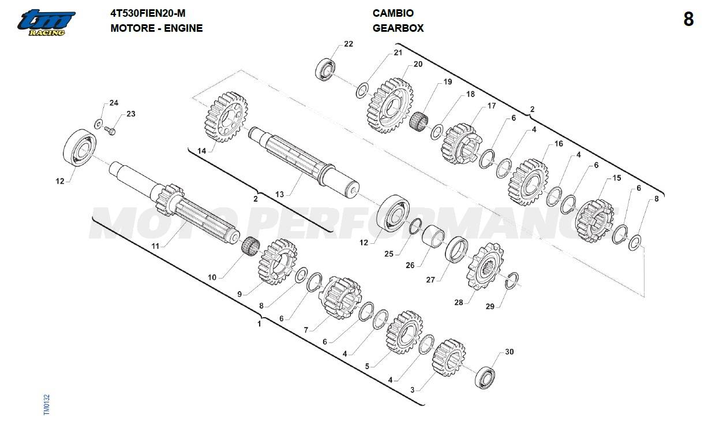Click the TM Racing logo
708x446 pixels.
47,23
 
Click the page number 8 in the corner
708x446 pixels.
688,19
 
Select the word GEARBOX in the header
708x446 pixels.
398,28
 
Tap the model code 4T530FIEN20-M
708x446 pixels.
148,13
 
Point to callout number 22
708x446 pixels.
349,44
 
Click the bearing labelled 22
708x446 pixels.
325,70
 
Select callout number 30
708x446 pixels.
509,352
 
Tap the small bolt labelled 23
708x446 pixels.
110,130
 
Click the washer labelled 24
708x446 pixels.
98,124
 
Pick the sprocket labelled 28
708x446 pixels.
485,266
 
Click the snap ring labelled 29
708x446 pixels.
511,280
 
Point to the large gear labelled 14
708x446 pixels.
226,117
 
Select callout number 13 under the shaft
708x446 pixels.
279,194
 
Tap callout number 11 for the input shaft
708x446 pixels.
155,246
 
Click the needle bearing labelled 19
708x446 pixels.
418,121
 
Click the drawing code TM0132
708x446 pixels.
47,404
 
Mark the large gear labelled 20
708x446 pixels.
391,105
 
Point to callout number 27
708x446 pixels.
430,280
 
